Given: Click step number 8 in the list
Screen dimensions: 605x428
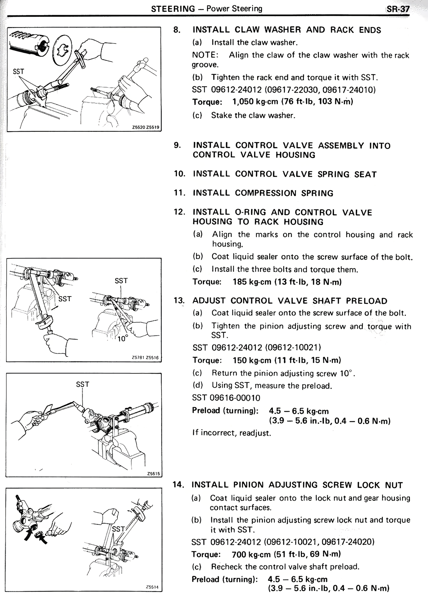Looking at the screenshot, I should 177,30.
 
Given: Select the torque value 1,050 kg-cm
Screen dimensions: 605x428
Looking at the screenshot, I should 254,102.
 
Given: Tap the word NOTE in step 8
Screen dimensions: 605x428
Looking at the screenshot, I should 205,55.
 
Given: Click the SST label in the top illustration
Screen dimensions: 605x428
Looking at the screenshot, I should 18,72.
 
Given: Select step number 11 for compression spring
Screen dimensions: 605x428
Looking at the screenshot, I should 180,193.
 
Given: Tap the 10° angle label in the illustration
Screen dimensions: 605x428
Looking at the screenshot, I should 122,339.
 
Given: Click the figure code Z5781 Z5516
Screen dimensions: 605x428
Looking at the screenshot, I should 145,357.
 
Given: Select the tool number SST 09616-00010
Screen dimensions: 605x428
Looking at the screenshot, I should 226,398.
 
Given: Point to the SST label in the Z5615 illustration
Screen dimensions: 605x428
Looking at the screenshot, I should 82,384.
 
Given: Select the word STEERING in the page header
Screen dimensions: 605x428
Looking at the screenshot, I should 173,9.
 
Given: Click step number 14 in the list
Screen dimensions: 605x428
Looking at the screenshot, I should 178,485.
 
